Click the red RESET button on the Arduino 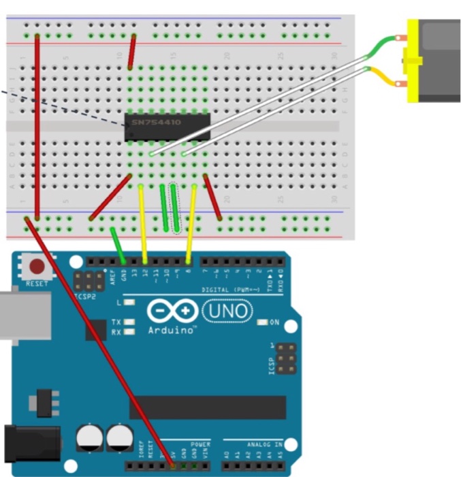pyautogui.click(x=37, y=267)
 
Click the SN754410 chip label pyautogui.click(x=158, y=123)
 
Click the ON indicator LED pyautogui.click(x=262, y=322)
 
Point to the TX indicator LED pyautogui.click(x=129, y=322)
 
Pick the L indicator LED pyautogui.click(x=129, y=302)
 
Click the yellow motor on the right pyautogui.click(x=436, y=61)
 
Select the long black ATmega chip pyautogui.click(x=208, y=407)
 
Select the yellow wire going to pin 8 pyautogui.click(x=191, y=221)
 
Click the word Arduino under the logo pyautogui.click(x=172, y=330)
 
